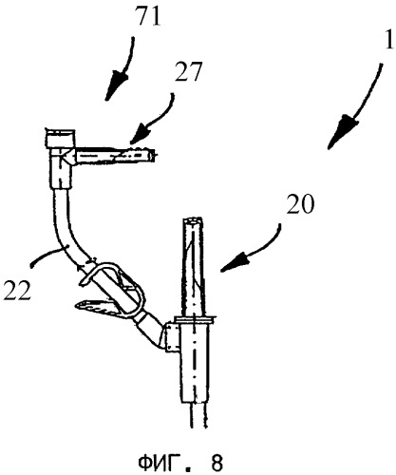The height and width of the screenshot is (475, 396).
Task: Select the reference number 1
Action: tap(388, 39)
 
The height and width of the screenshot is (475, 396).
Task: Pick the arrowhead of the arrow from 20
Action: tap(234, 262)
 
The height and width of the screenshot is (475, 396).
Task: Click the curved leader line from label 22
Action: tap(47, 256)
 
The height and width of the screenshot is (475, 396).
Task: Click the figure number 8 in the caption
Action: tap(217, 464)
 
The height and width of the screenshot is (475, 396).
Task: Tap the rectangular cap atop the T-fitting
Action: tap(61, 138)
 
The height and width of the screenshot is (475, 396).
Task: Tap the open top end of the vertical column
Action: tap(192, 220)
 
